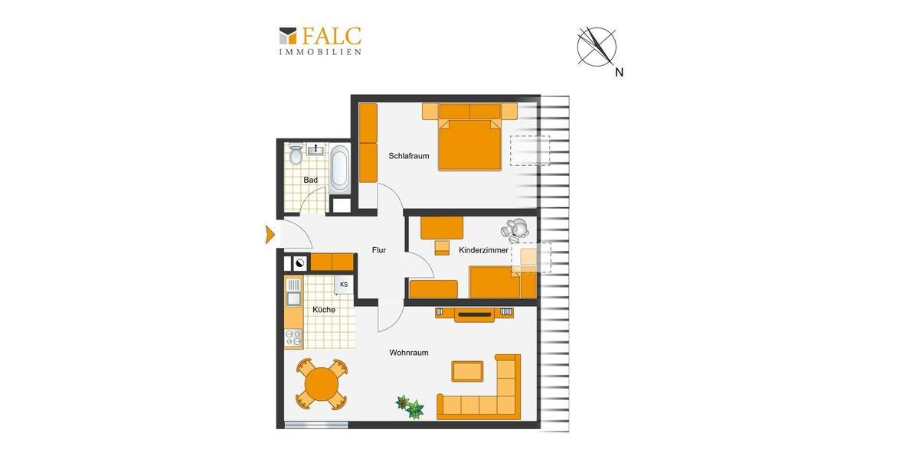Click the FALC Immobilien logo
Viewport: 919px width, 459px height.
pyautogui.click(x=320, y=41)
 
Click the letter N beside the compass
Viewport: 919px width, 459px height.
pyautogui.click(x=620, y=73)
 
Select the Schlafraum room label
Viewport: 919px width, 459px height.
pyautogui.click(x=408, y=156)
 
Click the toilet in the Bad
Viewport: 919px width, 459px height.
pyautogui.click(x=296, y=155)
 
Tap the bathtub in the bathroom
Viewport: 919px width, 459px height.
pyautogui.click(x=340, y=168)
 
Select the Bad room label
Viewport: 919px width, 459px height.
pyautogui.click(x=310, y=181)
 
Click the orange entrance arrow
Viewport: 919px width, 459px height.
pyautogui.click(x=270, y=235)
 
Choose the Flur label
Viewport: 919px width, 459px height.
pyautogui.click(x=378, y=250)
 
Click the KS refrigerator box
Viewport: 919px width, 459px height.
pyautogui.click(x=344, y=285)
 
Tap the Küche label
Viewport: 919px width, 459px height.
pyautogui.click(x=323, y=310)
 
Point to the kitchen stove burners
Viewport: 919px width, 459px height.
pyautogui.click(x=293, y=337)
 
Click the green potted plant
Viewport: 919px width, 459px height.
pyautogui.click(x=409, y=406)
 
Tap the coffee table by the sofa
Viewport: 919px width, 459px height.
pyautogui.click(x=467, y=371)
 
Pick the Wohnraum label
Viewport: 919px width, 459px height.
pyautogui.click(x=408, y=353)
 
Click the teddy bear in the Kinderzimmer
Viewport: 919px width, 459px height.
pyautogui.click(x=515, y=229)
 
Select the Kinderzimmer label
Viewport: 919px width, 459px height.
pyautogui.click(x=484, y=250)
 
